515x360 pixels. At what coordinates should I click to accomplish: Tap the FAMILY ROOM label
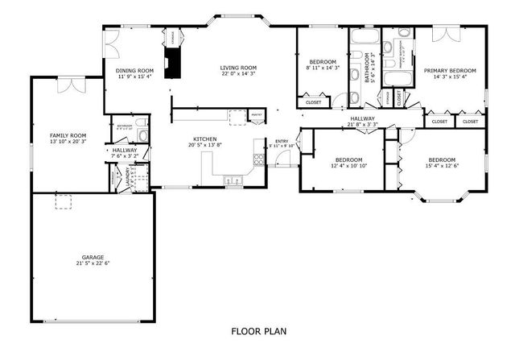point(68,135)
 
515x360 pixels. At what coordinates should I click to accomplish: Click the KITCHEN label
point(204,139)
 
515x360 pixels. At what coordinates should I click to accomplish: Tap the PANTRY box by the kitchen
point(257,115)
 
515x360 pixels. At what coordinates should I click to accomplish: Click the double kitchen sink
point(231,180)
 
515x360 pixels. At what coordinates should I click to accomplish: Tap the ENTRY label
point(282,141)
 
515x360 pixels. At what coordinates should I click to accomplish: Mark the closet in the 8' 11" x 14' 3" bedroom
point(313,102)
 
